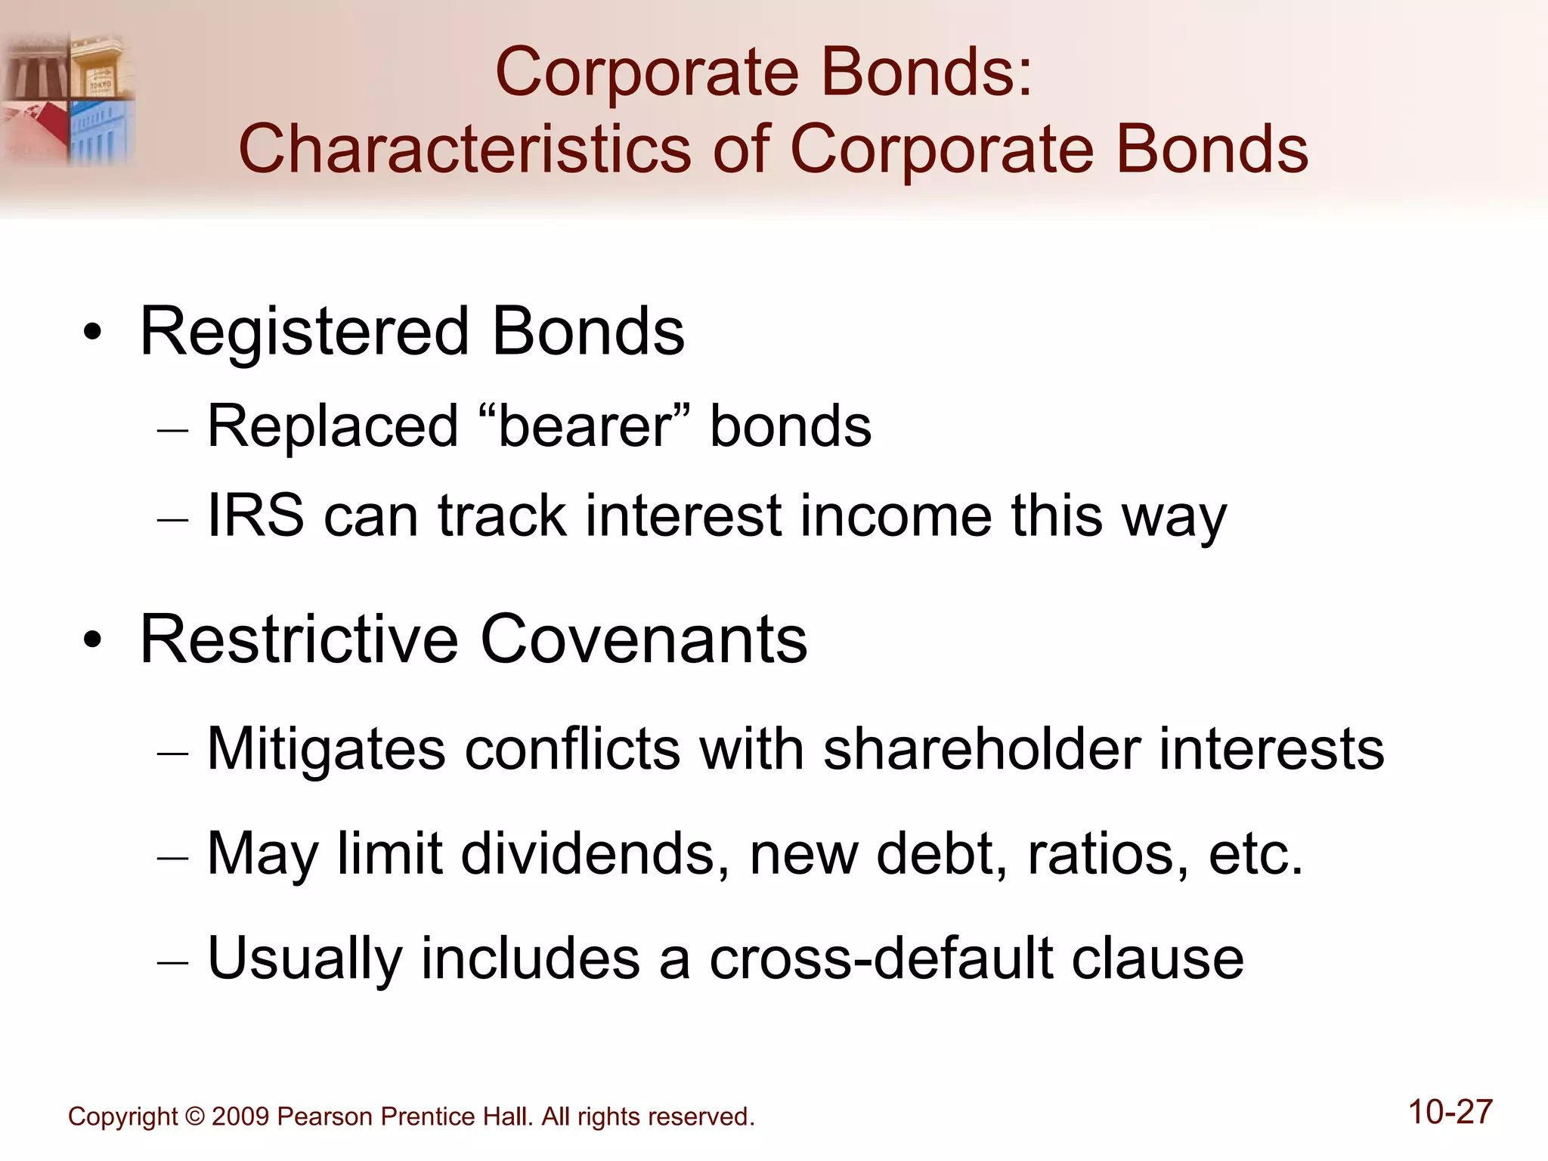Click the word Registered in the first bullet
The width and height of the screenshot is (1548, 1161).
pos(304,333)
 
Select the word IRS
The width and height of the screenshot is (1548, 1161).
pos(255,516)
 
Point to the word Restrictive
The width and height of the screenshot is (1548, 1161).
pos(299,640)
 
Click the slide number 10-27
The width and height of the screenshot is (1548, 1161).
pos(1450,1112)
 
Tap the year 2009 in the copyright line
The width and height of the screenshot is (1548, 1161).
pos(240,1116)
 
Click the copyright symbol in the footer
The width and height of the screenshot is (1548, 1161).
pos(195,1116)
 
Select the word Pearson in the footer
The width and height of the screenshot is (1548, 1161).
pos(326,1116)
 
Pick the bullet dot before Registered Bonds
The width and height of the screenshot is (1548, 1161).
pos(92,333)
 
